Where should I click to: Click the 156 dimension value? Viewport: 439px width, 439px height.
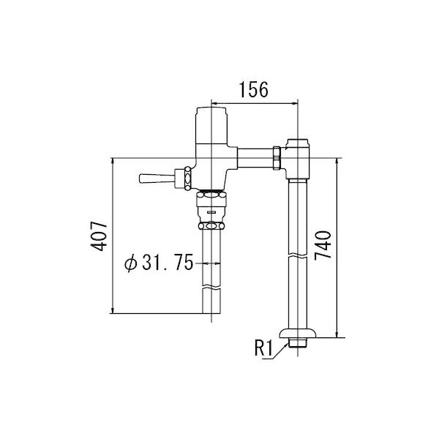[x=254, y=89]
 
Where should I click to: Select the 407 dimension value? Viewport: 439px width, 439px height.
[x=99, y=236]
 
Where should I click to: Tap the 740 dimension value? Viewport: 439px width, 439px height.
[x=323, y=246]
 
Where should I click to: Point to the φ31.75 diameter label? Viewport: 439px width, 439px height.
[x=159, y=263]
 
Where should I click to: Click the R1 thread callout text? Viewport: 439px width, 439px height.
[x=263, y=348]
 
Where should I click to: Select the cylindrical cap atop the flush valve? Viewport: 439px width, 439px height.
[x=211, y=125]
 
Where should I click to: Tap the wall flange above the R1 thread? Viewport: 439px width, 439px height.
[x=298, y=334]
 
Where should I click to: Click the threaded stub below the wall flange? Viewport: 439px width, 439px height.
[x=298, y=342]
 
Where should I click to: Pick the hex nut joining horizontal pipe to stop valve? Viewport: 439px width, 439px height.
[x=277, y=158]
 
